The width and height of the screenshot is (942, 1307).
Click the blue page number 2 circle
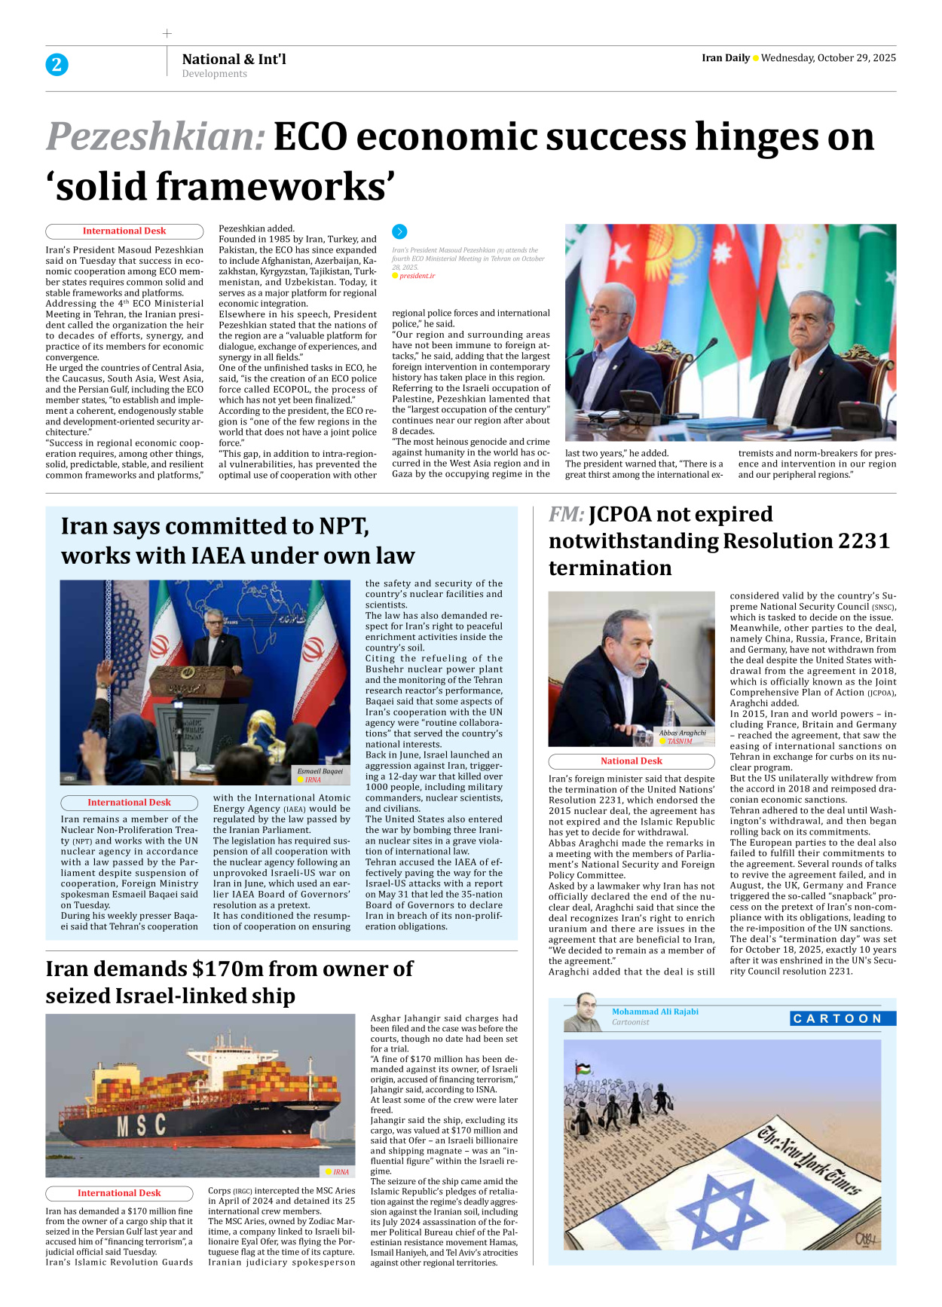[57, 65]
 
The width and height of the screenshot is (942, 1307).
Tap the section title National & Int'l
[234, 59]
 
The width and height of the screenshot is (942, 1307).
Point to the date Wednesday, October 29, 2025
[828, 58]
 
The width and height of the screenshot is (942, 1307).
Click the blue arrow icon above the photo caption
[400, 232]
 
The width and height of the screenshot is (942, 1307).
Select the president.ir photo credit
[417, 276]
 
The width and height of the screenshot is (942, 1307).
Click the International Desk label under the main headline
[124, 231]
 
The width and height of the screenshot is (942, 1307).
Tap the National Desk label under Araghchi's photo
[632, 761]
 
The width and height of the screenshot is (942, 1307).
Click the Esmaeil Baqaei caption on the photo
[320, 771]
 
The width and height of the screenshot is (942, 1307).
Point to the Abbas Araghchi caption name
[682, 733]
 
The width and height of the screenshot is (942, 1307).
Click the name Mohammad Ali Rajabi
[655, 1012]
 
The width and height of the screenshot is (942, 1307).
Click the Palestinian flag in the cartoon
[583, 1069]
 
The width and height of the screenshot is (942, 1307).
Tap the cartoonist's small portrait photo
[585, 1014]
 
